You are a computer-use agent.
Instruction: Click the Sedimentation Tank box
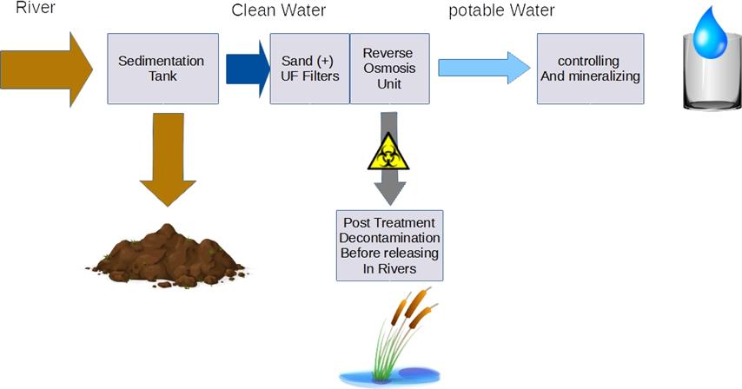coord(162,69)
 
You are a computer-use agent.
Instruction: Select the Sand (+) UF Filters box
coord(310,69)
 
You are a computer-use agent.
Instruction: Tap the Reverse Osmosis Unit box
coord(389,69)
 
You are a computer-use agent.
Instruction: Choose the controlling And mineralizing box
coord(590,69)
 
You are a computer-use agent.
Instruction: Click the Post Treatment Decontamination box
coord(389,246)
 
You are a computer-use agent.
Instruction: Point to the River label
coord(36,8)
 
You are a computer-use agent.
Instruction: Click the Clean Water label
coord(278,10)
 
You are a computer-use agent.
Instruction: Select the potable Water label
coord(501,10)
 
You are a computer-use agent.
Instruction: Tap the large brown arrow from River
coord(46,69)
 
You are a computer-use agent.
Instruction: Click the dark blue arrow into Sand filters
coord(248,69)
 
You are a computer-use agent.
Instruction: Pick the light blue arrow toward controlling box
coord(484,68)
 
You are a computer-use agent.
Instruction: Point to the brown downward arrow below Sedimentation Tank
coord(168,159)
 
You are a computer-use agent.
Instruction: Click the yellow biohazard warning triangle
coord(388,151)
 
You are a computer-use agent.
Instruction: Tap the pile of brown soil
coord(167,255)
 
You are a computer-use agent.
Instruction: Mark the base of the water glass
coord(712,104)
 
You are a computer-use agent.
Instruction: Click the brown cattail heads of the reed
coord(413,307)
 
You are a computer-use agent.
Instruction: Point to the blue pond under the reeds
coord(389,376)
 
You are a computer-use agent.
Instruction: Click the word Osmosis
coord(389,68)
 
